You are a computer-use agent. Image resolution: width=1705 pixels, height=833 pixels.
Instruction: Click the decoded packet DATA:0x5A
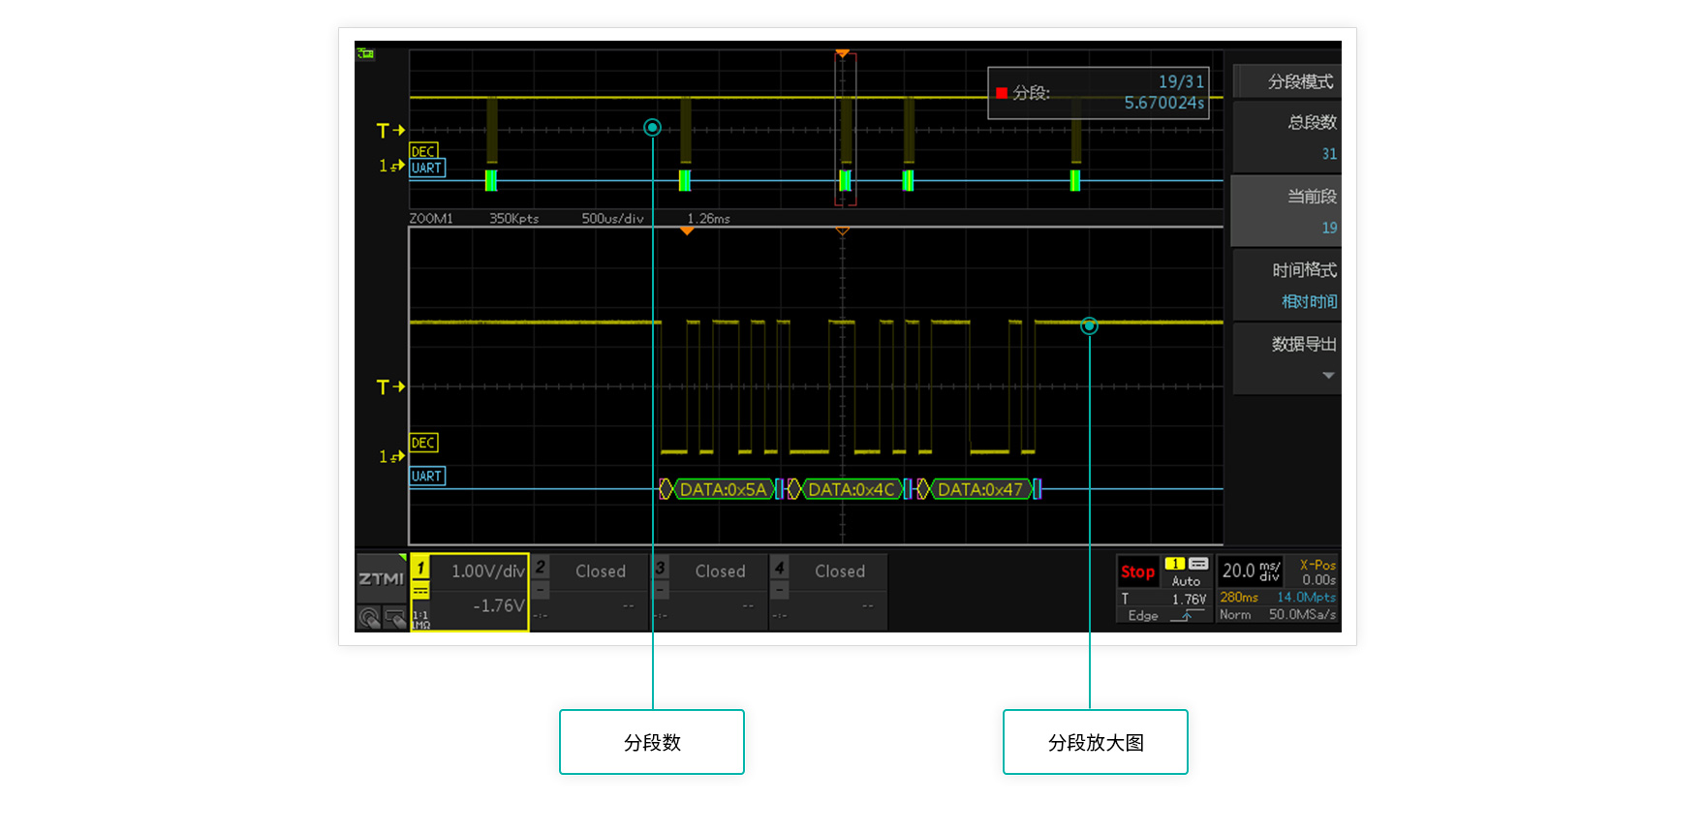[x=723, y=490]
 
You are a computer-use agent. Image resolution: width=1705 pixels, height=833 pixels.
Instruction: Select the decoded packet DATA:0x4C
[x=851, y=490]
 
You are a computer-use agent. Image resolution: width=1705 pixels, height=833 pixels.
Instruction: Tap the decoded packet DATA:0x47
[x=979, y=490]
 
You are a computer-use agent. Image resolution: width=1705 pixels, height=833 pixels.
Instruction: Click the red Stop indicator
[x=1137, y=571]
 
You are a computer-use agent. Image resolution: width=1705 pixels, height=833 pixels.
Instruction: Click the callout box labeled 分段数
[x=652, y=742]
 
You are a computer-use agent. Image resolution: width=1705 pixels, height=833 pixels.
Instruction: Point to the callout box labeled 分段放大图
[x=1096, y=742]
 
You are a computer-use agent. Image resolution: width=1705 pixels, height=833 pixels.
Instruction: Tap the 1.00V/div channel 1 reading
[x=487, y=571]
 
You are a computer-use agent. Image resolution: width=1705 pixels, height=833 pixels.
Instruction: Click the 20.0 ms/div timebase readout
[x=1251, y=571]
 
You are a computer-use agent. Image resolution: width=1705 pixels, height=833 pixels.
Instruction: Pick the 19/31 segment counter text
[x=1181, y=82]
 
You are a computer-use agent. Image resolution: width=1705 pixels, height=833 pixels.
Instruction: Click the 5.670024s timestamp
[x=1163, y=103]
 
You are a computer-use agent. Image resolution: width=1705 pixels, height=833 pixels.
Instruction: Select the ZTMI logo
[x=381, y=578]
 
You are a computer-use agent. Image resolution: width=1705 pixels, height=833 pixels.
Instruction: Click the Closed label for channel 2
[x=601, y=571]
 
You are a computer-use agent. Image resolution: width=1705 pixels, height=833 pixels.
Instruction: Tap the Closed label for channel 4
[x=840, y=571]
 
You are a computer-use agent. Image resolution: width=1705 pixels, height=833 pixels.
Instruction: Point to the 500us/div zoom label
[x=612, y=219]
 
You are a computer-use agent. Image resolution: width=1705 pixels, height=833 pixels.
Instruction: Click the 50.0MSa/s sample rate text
[x=1302, y=614]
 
